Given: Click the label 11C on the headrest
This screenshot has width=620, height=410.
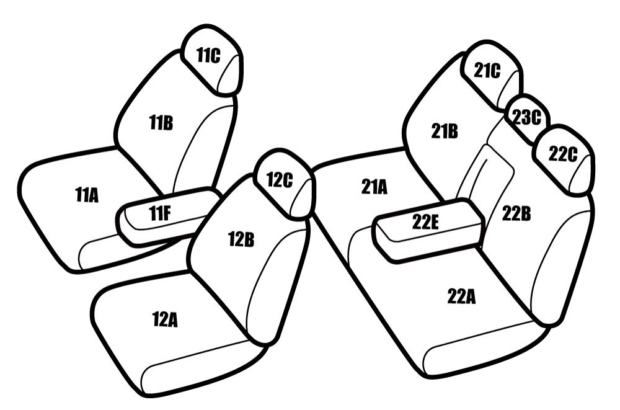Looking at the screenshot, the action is pos(208,55).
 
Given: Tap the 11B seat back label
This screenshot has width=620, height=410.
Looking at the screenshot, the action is pos(161,122).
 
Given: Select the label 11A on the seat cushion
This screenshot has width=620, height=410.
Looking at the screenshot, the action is pos(87,195).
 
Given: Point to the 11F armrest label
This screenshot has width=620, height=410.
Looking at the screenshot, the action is pos(160,214).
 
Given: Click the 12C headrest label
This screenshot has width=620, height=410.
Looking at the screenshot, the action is pos(280,180).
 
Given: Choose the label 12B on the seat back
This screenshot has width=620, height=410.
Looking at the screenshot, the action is pos(241,239).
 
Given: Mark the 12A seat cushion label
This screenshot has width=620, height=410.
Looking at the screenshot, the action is pos(165,320).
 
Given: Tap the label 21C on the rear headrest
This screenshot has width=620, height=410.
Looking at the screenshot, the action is pos(487,71).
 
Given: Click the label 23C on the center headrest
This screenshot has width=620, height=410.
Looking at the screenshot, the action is pos(526,117).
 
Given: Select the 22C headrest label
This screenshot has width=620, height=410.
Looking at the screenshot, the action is pos(563,154).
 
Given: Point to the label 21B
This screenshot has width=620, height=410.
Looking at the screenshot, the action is pos(445,131).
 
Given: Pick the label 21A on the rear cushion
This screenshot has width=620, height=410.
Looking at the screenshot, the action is pos(374,187).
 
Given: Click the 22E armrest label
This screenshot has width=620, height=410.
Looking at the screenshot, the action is pos(425,222).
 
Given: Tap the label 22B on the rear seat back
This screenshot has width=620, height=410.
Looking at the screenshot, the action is pos(516,214).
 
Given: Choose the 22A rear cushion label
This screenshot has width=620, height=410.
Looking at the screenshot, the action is pos(461,296).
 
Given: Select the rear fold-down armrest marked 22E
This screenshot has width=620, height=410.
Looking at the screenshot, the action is pos(429,230).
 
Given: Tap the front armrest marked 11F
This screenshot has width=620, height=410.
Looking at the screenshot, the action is pos(168,216).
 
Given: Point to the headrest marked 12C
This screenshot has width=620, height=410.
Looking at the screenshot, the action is pos(285,184).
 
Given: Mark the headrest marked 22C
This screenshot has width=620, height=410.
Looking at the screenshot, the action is pos(564,159).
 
